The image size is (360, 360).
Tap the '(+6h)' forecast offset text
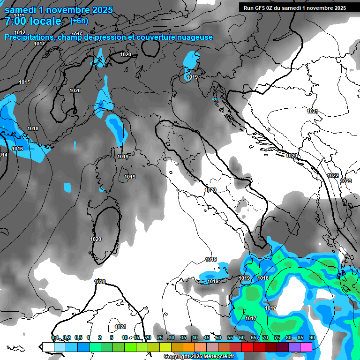pos(79,21)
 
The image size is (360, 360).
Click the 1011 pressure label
pos(20,16)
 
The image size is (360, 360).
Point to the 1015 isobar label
pos(24,82)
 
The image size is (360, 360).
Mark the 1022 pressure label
pos(333,175)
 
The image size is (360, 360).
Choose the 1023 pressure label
pos(346,181)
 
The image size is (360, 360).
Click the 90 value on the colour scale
pos(312,337)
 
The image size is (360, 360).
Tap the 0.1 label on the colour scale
pos(55,337)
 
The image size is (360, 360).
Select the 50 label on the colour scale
pos(218,337)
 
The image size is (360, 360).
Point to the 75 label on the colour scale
pos(277,337)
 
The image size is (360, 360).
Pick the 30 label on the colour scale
pos(171,337)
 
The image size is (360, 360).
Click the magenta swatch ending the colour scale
pos(306,347)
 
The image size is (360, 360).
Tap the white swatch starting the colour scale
pos(48,347)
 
